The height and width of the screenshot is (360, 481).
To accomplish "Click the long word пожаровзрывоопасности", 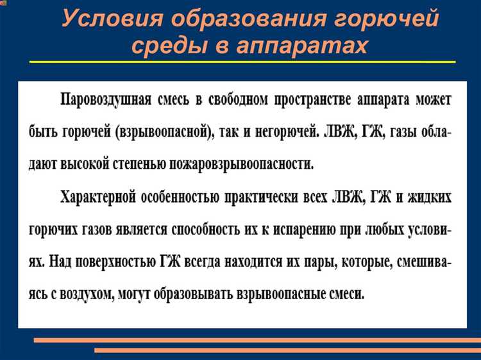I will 240,164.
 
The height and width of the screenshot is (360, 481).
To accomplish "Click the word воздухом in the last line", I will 85,294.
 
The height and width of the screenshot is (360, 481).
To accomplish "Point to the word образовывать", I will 189,294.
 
